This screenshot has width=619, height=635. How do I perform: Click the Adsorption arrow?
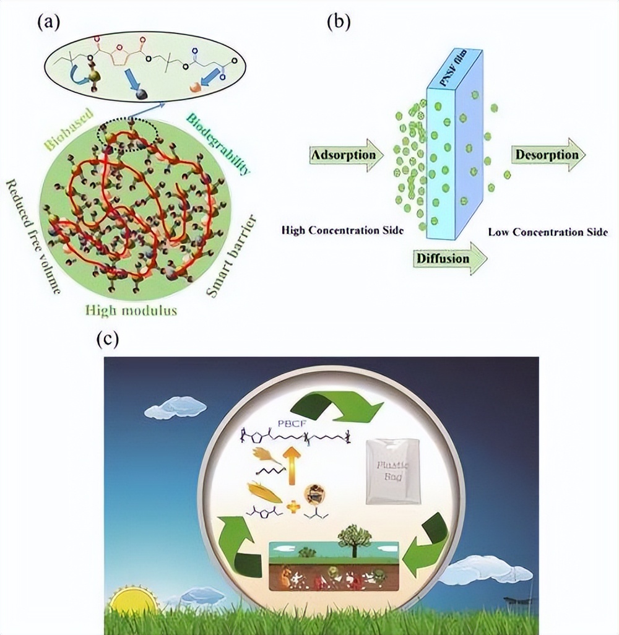pyautogui.click(x=344, y=154)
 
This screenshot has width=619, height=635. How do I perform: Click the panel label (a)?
pyautogui.click(x=49, y=23)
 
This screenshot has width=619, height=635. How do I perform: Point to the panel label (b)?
pyautogui.click(x=339, y=23)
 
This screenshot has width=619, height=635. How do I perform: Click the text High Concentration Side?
pyautogui.click(x=342, y=230)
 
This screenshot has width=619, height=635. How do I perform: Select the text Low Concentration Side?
pyautogui.click(x=547, y=232)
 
